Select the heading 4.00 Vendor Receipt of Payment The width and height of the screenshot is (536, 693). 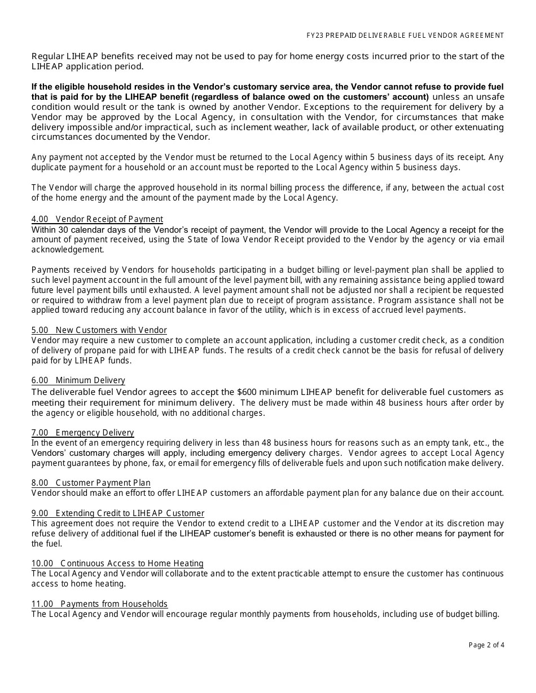pos(97,219)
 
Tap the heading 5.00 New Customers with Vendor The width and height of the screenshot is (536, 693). pos(99,330)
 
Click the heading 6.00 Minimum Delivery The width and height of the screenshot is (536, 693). pos(78,380)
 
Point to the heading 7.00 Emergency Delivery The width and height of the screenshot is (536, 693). pos(83,433)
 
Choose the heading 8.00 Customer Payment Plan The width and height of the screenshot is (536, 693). pos(91,483)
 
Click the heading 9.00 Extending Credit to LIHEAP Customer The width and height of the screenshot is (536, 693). pos(118,513)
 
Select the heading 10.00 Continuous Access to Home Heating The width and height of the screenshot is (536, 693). pos(117,563)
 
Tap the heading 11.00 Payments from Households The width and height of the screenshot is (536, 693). pos(100,604)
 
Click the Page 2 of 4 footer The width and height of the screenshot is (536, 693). pos(486,645)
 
